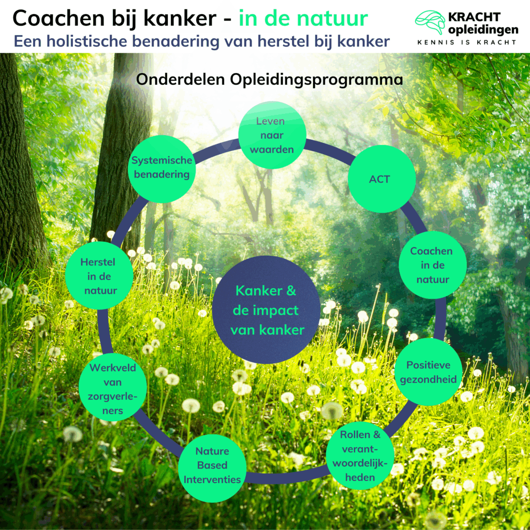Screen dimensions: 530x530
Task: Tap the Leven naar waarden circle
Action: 272,136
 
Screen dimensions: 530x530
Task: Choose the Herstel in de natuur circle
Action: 99,276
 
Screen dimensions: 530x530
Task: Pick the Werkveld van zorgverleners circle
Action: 112,389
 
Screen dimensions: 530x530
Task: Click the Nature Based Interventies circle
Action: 212,465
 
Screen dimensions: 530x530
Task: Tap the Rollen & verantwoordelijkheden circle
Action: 360,455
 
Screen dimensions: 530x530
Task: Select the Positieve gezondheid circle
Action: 429,372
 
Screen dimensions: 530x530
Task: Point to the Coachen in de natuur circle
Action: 432,264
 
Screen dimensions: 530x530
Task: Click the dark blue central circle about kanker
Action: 266,311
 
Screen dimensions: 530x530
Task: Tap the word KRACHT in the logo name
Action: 482,17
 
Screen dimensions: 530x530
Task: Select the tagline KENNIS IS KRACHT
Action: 466,42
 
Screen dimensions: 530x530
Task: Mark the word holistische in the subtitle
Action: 104,41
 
